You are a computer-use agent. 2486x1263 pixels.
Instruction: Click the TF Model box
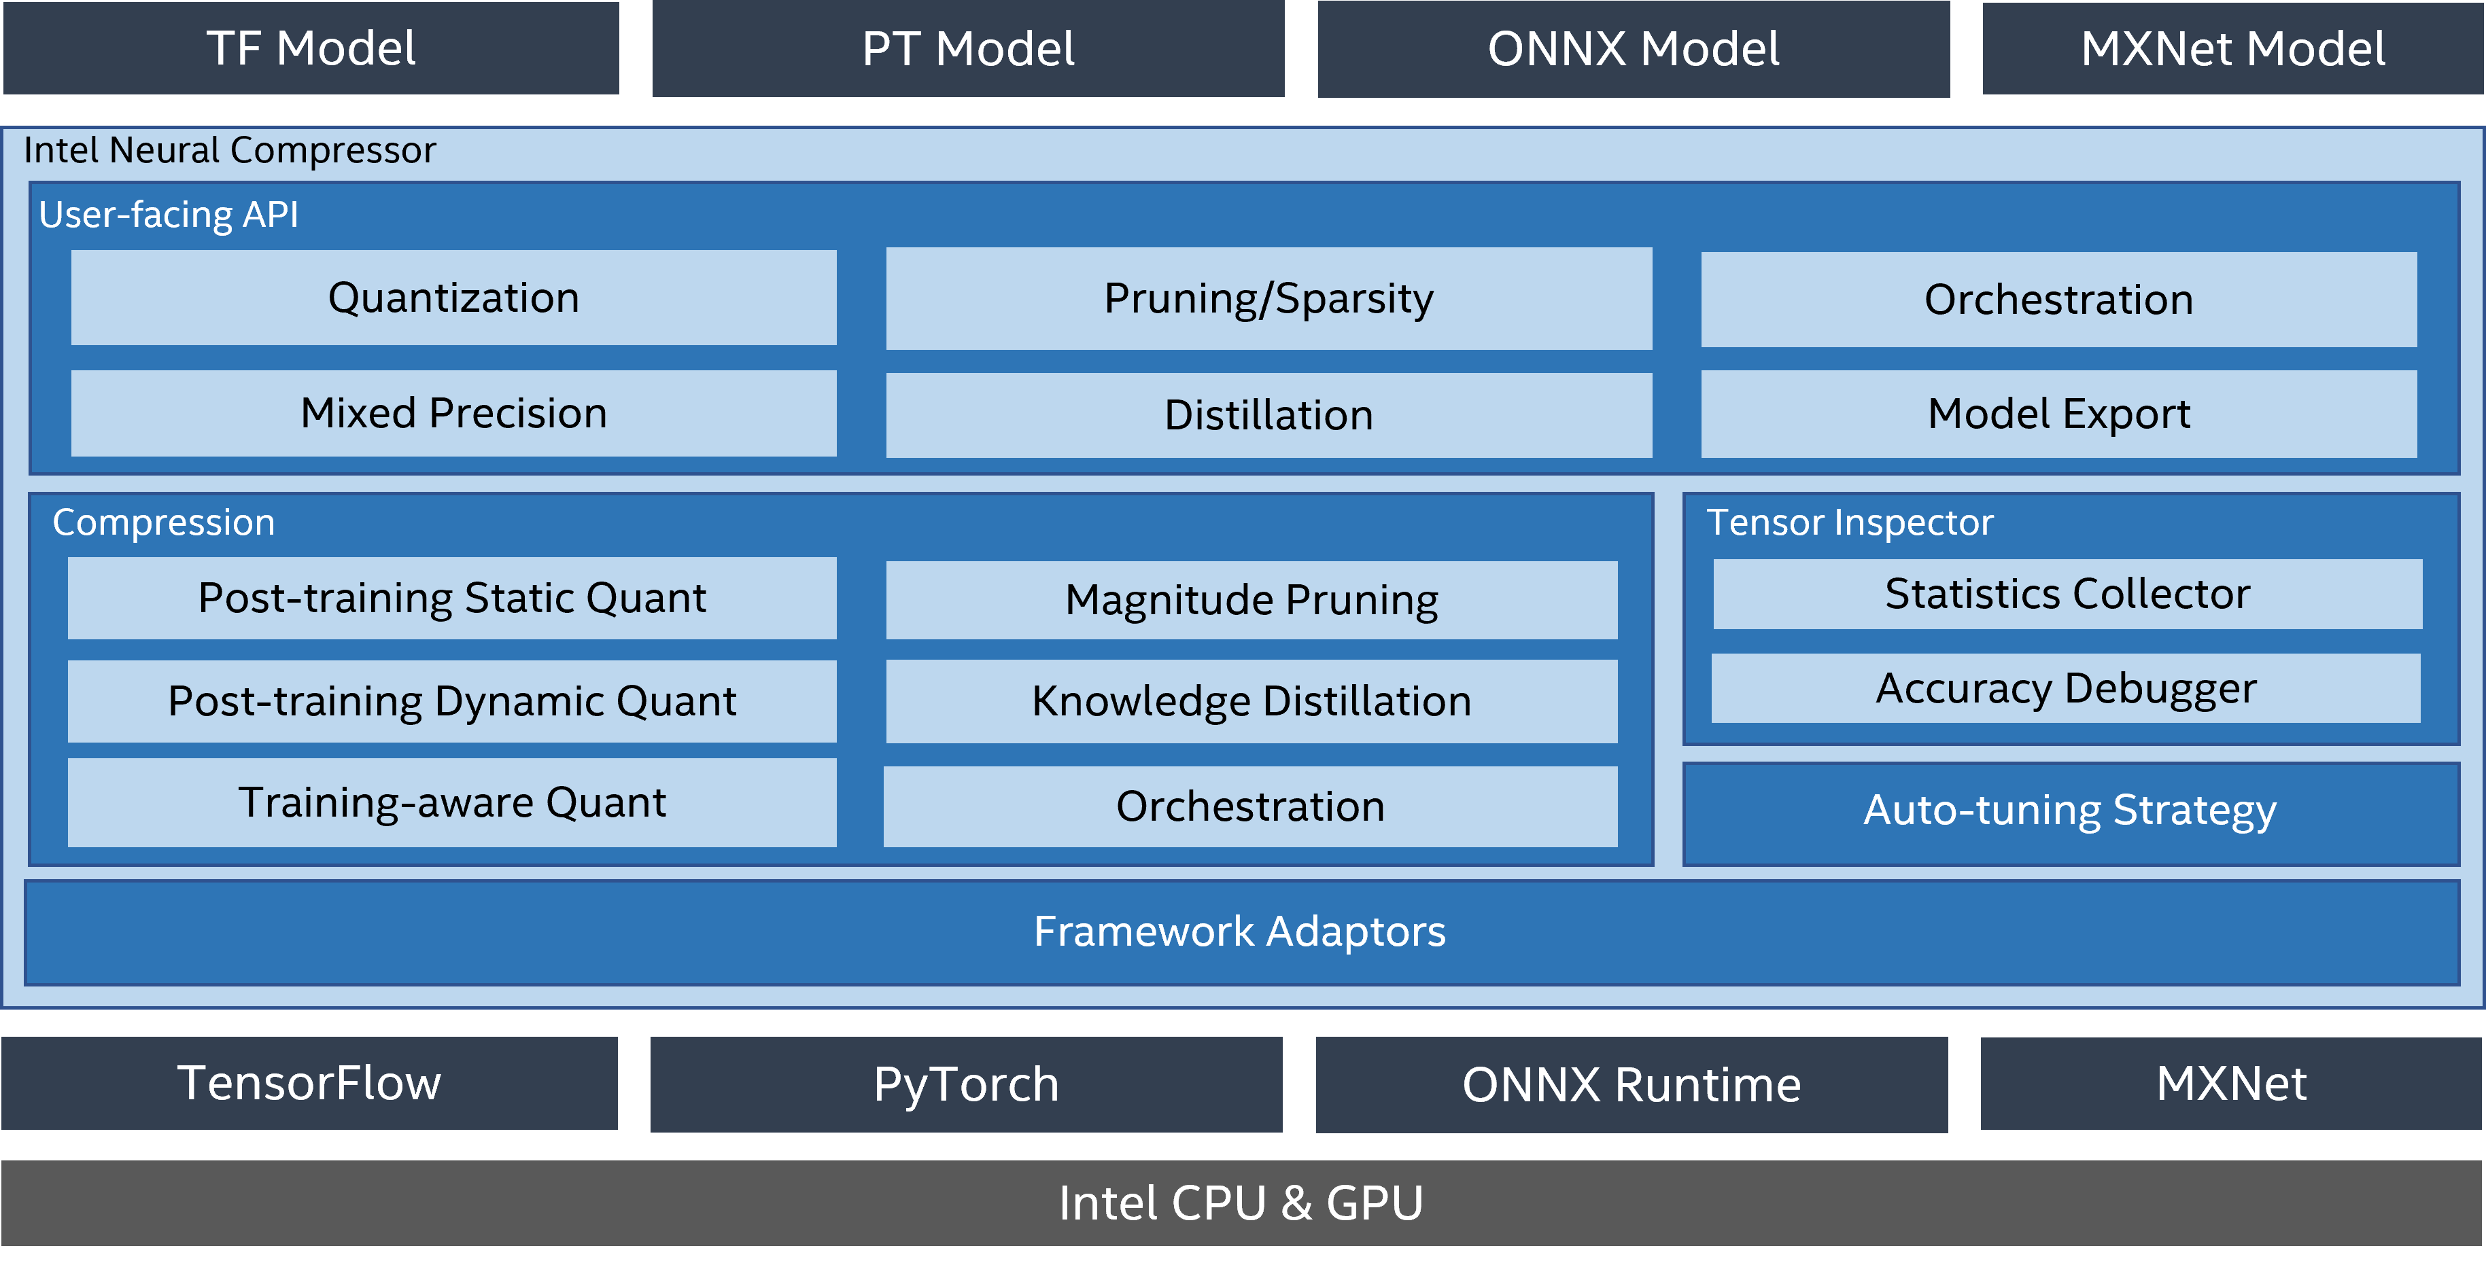pyautogui.click(x=311, y=48)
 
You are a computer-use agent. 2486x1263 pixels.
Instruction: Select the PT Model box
pyautogui.click(x=968, y=48)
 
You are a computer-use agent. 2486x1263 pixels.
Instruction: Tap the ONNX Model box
pyautogui.click(x=1633, y=48)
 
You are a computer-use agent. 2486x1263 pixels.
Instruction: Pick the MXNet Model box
pyautogui.click(x=2232, y=48)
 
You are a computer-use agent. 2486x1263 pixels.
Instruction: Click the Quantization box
pyautogui.click(x=453, y=297)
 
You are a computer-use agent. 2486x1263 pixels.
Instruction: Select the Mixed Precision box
pyautogui.click(x=453, y=413)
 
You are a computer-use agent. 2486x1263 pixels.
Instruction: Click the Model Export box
pyautogui.click(x=2058, y=414)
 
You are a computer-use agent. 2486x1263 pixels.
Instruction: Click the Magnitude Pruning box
pyautogui.click(x=1251, y=599)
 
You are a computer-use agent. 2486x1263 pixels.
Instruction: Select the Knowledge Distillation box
pyautogui.click(x=1251, y=700)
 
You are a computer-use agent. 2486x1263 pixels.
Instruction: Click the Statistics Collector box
pyautogui.click(x=2067, y=593)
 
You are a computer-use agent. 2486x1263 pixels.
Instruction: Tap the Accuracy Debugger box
pyautogui.click(x=2065, y=688)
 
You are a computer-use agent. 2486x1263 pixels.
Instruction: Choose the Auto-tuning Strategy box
pyautogui.click(x=2070, y=811)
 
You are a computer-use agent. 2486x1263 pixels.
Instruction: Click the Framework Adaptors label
pyautogui.click(x=1239, y=931)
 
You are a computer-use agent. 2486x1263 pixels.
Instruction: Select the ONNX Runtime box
pyautogui.click(x=1631, y=1084)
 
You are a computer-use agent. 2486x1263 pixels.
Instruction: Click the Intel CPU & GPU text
pyautogui.click(x=1240, y=1203)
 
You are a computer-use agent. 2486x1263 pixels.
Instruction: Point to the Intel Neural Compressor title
pyautogui.click(x=230, y=151)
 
